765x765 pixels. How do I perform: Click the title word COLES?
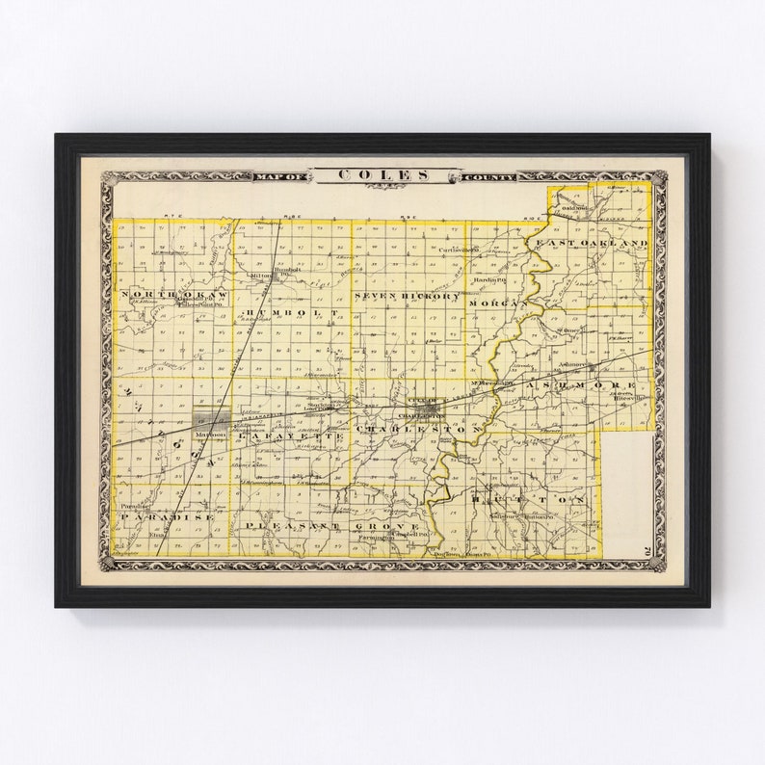382,174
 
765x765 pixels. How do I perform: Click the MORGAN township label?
497,303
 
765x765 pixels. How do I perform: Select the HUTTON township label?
528,500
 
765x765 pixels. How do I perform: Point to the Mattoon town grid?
211,421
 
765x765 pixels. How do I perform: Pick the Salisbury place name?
506,517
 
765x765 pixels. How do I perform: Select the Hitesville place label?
629,396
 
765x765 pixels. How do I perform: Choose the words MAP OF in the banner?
279,176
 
